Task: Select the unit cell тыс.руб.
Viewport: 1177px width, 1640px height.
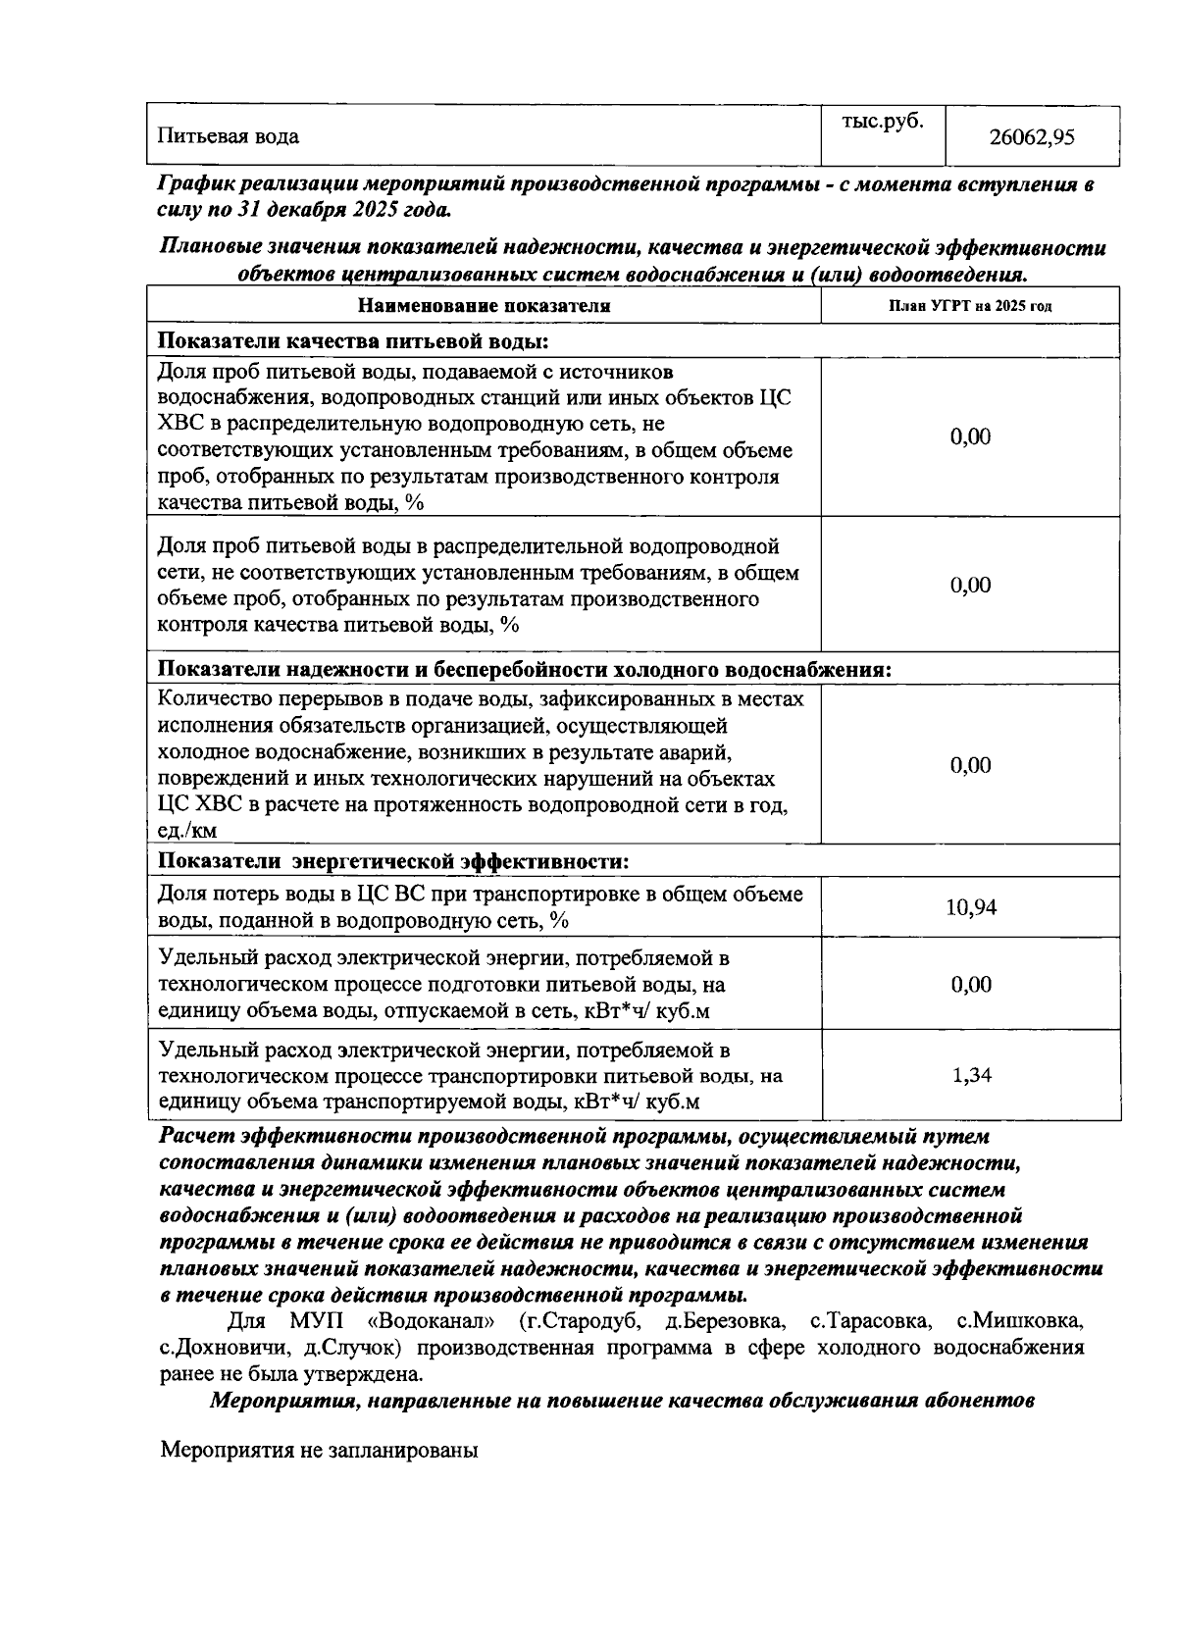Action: pos(883,123)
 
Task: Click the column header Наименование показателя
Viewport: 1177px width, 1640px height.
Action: pos(484,306)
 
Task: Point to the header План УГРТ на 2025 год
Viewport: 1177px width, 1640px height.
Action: pos(970,306)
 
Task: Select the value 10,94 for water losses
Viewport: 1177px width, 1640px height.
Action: pos(970,907)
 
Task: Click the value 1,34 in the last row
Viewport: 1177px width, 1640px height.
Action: pos(971,1075)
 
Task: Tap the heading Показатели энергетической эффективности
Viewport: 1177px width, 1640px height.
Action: pos(393,861)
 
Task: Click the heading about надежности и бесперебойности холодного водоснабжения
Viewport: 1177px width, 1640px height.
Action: pos(526,669)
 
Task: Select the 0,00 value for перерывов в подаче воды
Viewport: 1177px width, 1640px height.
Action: pos(970,765)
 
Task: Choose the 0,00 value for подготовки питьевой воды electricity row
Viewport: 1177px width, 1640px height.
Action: pos(970,984)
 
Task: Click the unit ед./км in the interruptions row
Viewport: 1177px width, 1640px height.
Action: pos(188,832)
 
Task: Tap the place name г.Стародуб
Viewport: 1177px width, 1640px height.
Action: pos(585,1320)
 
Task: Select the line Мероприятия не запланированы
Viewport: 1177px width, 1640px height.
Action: pos(319,1450)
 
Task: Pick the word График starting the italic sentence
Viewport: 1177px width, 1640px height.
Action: pos(195,183)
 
